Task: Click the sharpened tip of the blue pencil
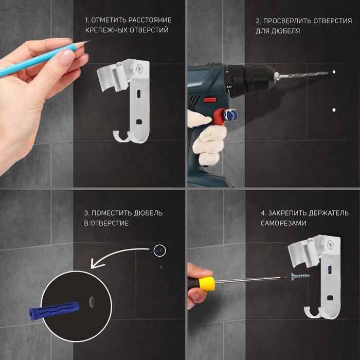(90, 41)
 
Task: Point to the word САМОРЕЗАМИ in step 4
(283, 223)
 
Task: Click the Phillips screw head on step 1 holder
(139, 68)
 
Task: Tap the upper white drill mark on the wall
(334, 72)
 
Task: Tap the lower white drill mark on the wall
(334, 110)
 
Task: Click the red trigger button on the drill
(210, 100)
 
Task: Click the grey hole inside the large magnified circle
(92, 302)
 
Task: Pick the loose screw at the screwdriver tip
(300, 276)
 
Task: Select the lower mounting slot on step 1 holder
(138, 122)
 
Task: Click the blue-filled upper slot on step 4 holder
(330, 270)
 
